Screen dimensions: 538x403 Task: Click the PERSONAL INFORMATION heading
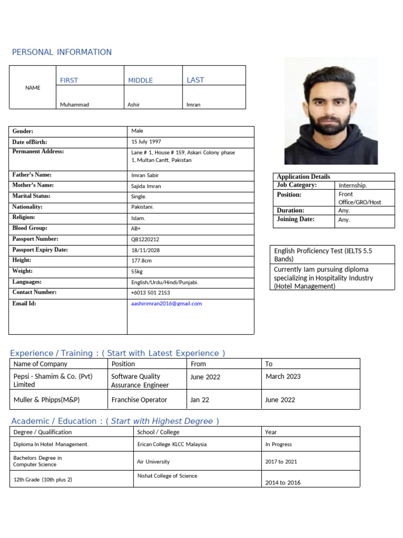(x=62, y=52)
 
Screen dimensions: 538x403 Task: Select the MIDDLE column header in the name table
(x=141, y=80)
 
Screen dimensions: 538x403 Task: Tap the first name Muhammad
(x=75, y=105)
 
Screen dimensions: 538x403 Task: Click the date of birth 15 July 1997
(x=146, y=142)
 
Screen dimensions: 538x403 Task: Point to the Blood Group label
(x=30, y=228)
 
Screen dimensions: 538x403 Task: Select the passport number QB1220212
(x=145, y=239)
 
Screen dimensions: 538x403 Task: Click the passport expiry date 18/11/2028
(x=145, y=250)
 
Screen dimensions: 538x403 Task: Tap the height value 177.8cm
(x=142, y=261)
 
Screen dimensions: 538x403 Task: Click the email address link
(x=166, y=304)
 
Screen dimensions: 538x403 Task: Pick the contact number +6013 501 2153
(x=151, y=293)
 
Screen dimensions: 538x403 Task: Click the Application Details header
(x=303, y=177)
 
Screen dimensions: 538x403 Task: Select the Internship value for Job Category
(x=353, y=185)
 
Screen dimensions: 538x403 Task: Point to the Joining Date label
(x=295, y=219)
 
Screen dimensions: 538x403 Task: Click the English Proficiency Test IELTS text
(x=323, y=255)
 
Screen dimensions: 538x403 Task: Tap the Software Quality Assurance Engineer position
(x=140, y=380)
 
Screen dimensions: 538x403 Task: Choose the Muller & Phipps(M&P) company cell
(x=47, y=400)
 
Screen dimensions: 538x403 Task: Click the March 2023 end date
(x=283, y=377)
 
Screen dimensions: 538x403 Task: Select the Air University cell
(x=153, y=462)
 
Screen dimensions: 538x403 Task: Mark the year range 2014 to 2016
(x=283, y=482)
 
